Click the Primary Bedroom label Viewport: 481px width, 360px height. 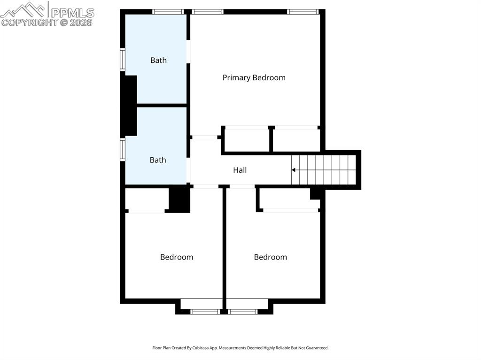coord(254,77)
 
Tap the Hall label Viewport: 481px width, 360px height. coord(240,170)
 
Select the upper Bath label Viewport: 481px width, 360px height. coord(158,60)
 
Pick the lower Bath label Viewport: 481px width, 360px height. coord(158,160)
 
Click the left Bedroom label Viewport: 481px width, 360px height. coord(177,257)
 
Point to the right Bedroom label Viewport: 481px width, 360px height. coord(270,257)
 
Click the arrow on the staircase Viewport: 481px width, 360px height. coord(294,170)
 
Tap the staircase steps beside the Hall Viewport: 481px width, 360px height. coord(324,170)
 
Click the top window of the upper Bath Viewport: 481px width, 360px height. coord(168,12)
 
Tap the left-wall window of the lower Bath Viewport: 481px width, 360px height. coord(123,150)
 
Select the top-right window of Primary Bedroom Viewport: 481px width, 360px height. coord(303,12)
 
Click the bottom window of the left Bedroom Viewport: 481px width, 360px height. coord(205,311)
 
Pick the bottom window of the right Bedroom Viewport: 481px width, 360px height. coord(242,311)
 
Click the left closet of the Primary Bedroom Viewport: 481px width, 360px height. coord(247,140)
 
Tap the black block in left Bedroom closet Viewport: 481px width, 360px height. coord(179,199)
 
